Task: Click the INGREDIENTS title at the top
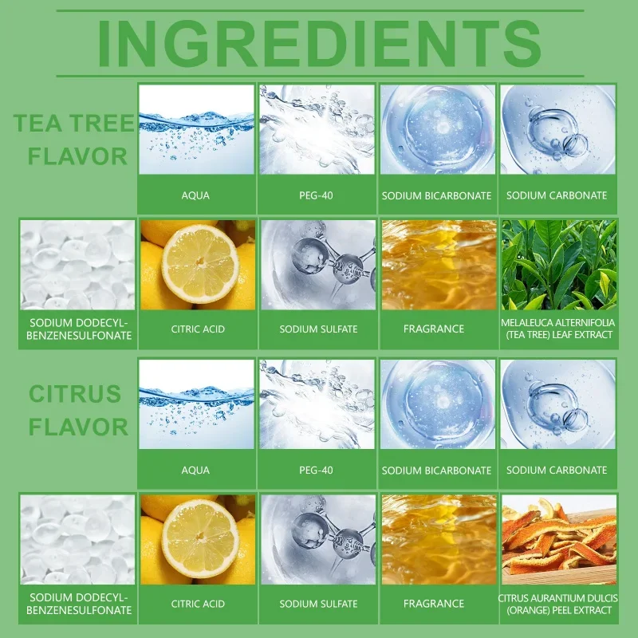coord(320,44)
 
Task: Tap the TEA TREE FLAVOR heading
coord(73,140)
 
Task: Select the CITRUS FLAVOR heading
coord(77,410)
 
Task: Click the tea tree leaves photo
coord(559,265)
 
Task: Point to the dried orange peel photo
coord(559,540)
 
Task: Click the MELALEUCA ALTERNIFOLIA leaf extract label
coord(557,329)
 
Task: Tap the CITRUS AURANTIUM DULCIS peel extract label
coord(557,604)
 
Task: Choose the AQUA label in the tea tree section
coord(195,195)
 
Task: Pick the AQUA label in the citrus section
coord(195,471)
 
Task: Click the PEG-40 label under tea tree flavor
coord(316,195)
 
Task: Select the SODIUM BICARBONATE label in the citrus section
coord(436,471)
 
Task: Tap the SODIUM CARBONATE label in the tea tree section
coord(557,195)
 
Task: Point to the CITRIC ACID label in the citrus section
coord(198,604)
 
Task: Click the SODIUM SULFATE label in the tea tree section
coord(318,329)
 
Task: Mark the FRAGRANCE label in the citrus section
coord(434,604)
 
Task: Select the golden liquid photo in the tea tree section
coord(439,265)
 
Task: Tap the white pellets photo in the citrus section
coord(77,540)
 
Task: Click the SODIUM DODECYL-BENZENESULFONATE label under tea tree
coord(79,329)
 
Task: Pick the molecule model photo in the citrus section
coord(318,540)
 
